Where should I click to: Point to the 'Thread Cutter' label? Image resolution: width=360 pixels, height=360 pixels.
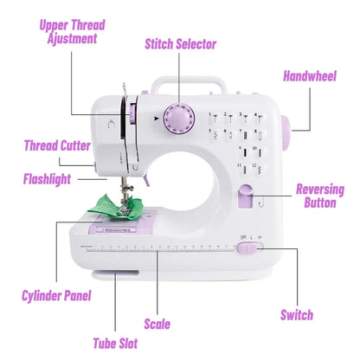coord(56,145)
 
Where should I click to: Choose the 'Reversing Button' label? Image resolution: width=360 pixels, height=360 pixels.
coord(319,196)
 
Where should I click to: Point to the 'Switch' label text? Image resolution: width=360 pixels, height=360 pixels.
coord(297,315)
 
